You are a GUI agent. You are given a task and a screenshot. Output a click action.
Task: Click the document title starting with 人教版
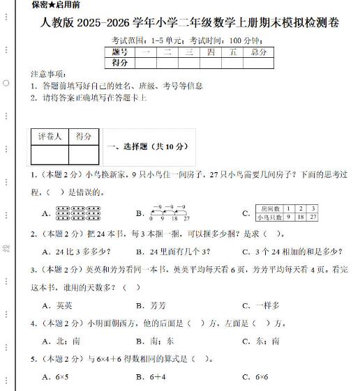tap(186, 24)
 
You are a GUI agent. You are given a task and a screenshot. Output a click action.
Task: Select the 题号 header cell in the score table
tap(120, 52)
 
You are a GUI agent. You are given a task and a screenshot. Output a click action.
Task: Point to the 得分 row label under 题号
tap(120, 63)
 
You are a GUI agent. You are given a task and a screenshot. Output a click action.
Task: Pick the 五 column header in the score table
tap(232, 52)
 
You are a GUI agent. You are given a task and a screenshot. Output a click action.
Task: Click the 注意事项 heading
tap(48, 74)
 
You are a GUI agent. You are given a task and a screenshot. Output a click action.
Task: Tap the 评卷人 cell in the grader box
tap(50, 137)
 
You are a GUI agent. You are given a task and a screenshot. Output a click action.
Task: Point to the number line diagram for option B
tap(170, 213)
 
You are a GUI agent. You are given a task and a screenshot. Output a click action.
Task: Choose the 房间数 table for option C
tap(287, 213)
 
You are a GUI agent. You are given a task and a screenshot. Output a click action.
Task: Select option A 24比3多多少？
tap(76, 252)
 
